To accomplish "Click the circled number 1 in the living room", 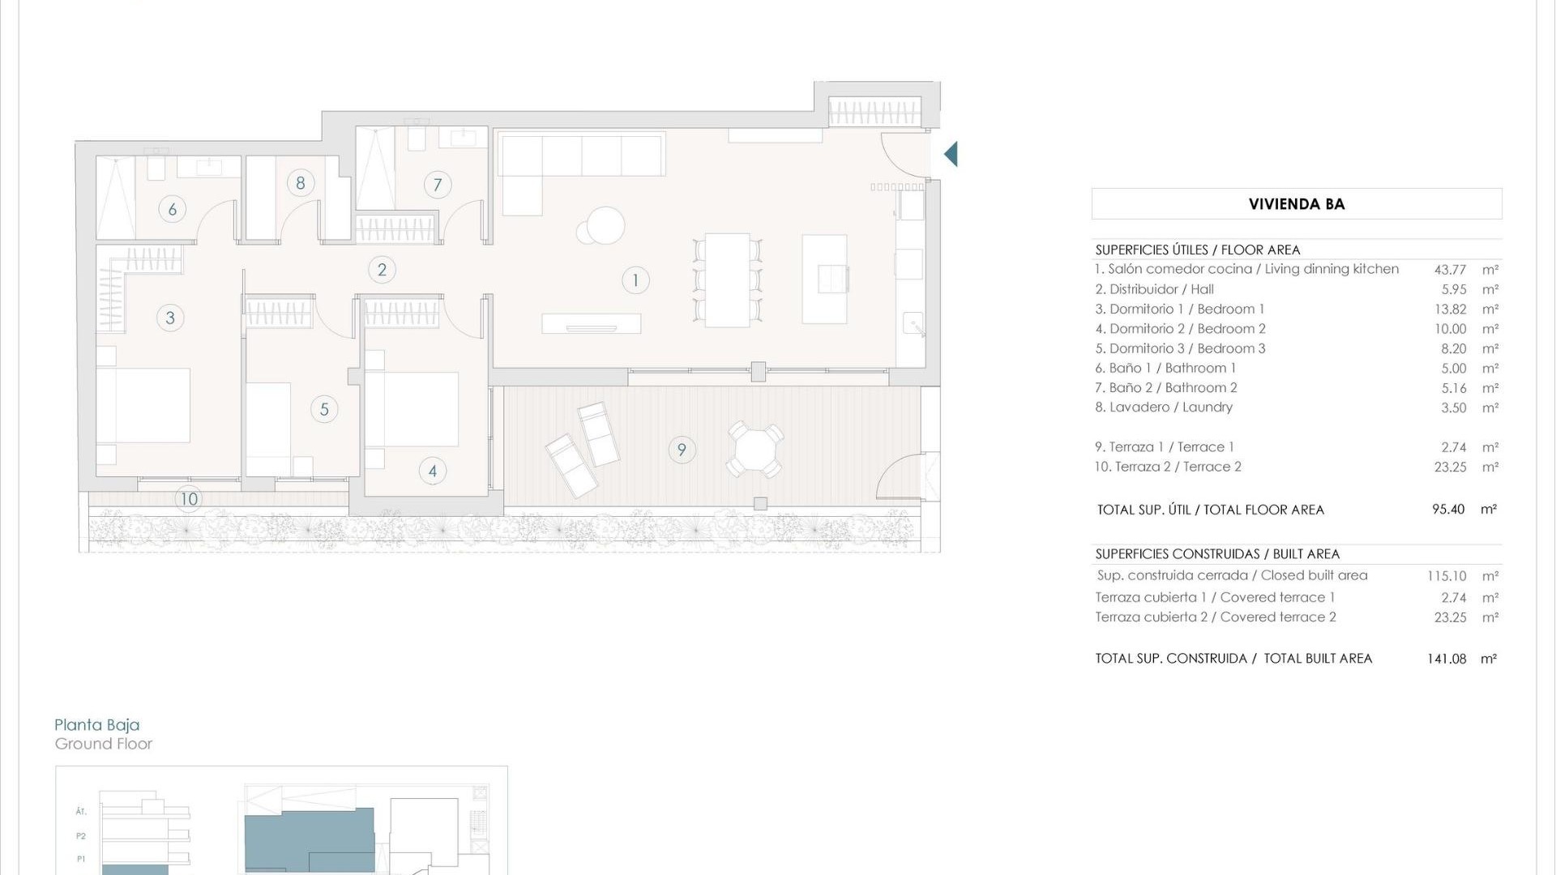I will point(635,280).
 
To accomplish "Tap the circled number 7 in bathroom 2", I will point(438,185).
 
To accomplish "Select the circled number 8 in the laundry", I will point(301,183).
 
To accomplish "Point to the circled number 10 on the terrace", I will point(189,499).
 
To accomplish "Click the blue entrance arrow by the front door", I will point(951,154).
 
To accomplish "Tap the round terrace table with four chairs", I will point(754,449).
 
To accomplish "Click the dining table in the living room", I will point(727,280).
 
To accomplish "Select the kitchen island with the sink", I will point(824,279).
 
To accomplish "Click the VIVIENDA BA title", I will point(1296,204).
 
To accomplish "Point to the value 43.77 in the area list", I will point(1450,270).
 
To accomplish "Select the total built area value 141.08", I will point(1447,659).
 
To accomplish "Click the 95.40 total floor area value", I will point(1447,510).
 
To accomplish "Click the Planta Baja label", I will point(96,725).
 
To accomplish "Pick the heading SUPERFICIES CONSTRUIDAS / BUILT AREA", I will point(1217,554).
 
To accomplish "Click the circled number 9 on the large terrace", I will point(682,450).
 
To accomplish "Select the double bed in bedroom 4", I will point(412,409).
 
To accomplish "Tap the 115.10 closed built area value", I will point(1447,576).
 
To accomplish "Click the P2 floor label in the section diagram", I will point(81,836).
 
